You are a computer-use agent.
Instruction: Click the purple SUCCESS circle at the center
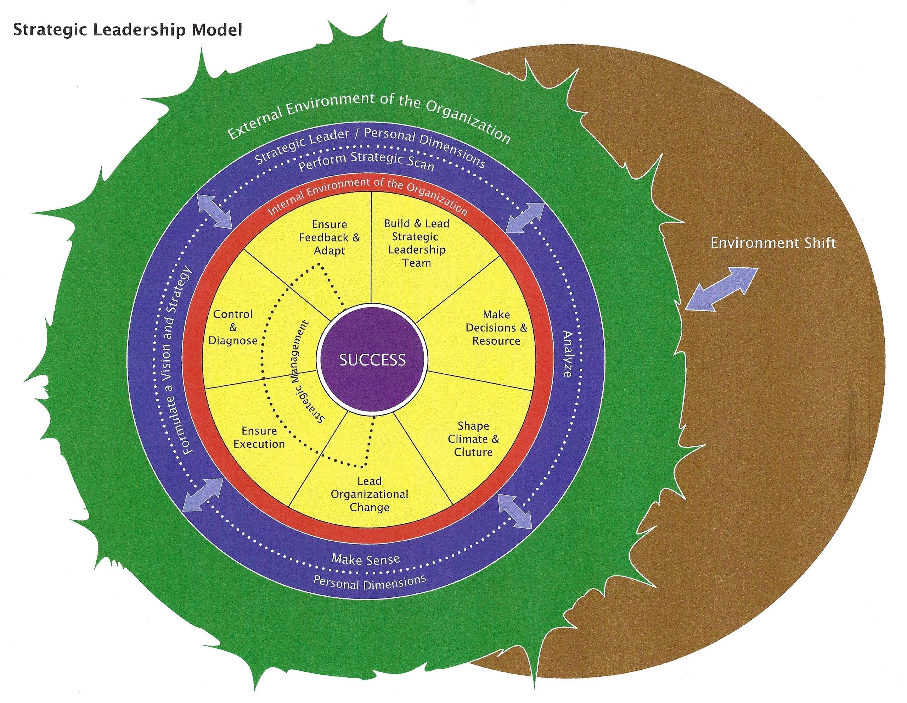[x=372, y=359]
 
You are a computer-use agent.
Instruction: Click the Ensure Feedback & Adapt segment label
[x=329, y=237]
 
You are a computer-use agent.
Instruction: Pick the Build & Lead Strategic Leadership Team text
[x=417, y=243]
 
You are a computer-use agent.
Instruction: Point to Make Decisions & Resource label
[x=496, y=328]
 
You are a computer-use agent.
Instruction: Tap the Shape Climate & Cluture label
[x=473, y=439]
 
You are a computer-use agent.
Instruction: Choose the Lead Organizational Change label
[x=369, y=494]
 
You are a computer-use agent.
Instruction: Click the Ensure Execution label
[x=259, y=437]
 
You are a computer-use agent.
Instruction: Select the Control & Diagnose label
[x=233, y=328]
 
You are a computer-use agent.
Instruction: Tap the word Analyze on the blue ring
[x=567, y=353]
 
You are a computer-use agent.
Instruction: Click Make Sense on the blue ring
[x=366, y=559]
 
